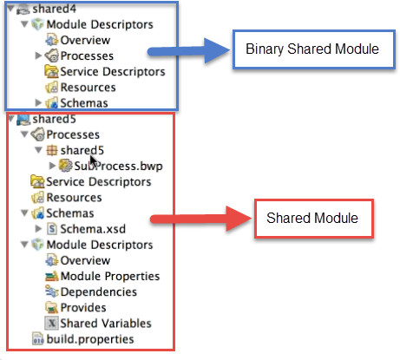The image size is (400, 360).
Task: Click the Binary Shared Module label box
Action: coord(314,49)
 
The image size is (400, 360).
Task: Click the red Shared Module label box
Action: coord(314,219)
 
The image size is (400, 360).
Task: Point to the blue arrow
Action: coord(188,51)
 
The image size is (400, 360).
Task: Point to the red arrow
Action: coord(201,219)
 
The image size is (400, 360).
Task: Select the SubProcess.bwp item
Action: coord(118,166)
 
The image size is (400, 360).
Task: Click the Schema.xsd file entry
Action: coord(93,229)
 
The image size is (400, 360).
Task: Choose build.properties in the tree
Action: coord(90,339)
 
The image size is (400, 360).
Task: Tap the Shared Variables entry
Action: coord(106,324)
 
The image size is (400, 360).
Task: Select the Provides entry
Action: coord(83,308)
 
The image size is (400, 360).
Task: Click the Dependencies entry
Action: coord(98,292)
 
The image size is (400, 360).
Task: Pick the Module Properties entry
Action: coord(110,276)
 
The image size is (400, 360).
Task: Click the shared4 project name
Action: coord(54,9)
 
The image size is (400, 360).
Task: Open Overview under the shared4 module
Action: coord(85,40)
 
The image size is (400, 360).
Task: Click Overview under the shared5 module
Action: coord(85,260)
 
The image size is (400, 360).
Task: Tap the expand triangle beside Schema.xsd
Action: coord(38,229)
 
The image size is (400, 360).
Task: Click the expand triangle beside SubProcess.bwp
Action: coord(52,166)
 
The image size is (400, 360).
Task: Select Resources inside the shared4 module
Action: coord(88,88)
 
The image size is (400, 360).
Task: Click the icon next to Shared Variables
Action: coord(52,323)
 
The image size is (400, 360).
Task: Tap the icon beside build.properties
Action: coord(38,339)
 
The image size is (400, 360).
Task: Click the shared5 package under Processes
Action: coord(82,150)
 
